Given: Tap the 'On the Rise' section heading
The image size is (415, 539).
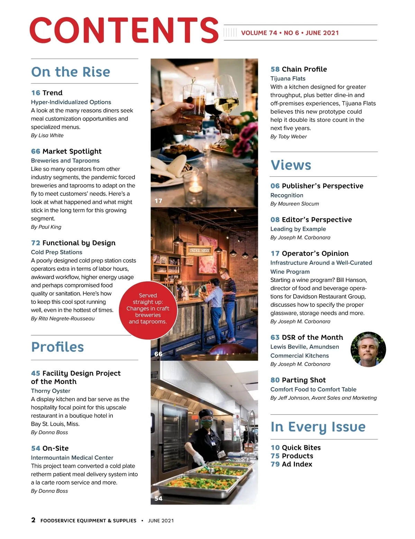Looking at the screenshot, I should [x=71, y=72].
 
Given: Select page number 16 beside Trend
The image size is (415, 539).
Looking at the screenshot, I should [x=35, y=93].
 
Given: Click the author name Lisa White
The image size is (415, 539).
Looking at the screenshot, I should [x=51, y=135].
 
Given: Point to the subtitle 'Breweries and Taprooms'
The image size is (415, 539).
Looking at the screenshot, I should [x=65, y=161].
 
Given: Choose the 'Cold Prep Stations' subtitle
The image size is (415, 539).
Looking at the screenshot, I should [x=56, y=252].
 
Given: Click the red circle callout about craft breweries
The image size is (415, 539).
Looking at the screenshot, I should [x=148, y=309].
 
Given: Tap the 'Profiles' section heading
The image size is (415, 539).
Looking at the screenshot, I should [x=57, y=347].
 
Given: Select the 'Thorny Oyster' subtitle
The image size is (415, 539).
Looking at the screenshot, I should [x=50, y=391].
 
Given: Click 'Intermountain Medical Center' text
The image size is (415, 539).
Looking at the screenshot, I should [x=72, y=458].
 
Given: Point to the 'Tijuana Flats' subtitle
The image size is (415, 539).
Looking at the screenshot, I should [x=288, y=79].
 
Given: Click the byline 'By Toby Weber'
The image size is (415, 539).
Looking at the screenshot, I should [x=288, y=137].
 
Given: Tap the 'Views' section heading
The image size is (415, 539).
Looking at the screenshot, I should [x=291, y=165].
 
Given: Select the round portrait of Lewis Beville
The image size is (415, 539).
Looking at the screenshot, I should [x=368, y=349].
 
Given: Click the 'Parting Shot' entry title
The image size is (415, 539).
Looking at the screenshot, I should [x=304, y=380].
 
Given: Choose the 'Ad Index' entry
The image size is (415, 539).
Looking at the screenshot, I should [x=297, y=464].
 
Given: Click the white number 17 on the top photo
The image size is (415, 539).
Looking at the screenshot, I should [x=158, y=201].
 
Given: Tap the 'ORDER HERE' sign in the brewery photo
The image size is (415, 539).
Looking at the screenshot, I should [x=200, y=250].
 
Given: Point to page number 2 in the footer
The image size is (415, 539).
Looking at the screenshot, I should [x=33, y=520].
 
